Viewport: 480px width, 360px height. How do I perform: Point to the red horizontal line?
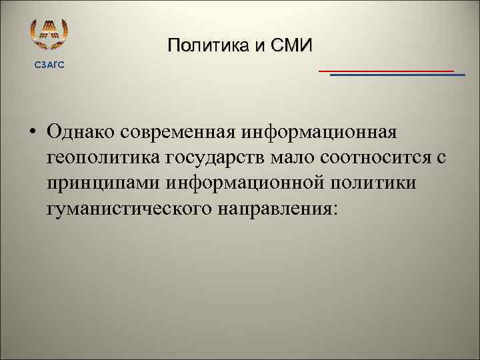pos(386,70)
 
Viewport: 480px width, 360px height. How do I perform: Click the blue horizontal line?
pos(397,75)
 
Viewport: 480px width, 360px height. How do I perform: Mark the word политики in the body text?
pos(375,183)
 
